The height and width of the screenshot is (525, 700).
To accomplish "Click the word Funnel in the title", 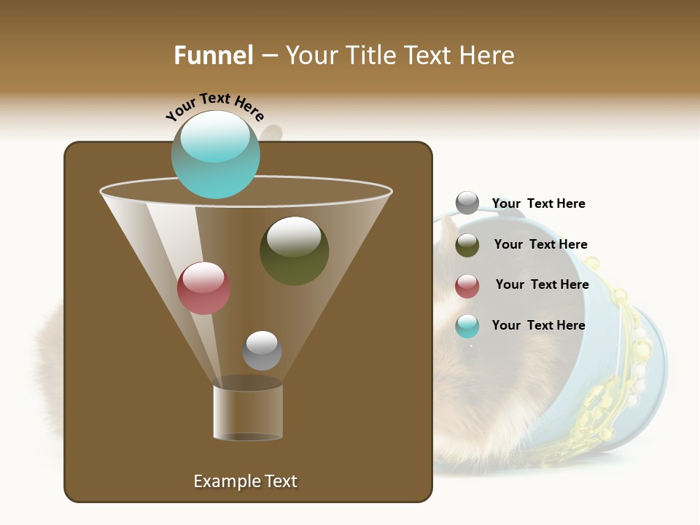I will coord(213,55).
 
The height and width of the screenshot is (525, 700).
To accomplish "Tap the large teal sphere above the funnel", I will coord(215,155).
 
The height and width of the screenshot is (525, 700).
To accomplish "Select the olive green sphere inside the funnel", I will coord(294,251).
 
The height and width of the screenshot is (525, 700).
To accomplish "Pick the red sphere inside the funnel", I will coord(203,288).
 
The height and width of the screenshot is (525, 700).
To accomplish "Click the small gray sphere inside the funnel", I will coord(262,351).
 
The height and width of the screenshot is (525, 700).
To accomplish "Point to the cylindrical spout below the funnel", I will coord(248,412).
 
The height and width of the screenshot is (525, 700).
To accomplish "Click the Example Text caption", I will coord(245,481).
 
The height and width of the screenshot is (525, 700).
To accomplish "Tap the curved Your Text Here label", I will coord(214,106).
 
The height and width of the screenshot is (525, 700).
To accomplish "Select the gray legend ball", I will coord(467,203).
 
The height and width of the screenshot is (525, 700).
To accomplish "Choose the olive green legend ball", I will coord(467,245).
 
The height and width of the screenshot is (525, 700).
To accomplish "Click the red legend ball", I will coord(467,286).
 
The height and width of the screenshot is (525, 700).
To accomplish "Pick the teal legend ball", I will coord(467,326).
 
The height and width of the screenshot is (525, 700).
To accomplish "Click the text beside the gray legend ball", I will coord(538,203).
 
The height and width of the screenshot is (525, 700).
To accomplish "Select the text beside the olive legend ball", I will coord(540,244).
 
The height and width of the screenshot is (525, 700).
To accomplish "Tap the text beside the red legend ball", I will coord(542,284).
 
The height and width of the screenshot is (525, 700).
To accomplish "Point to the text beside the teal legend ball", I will coord(538,325).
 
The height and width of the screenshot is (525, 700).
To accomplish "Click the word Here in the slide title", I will coord(487,55).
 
